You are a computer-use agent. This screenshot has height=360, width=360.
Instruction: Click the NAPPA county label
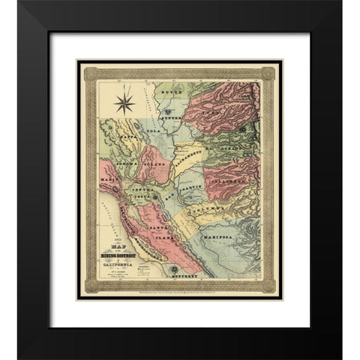coord(127,136)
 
